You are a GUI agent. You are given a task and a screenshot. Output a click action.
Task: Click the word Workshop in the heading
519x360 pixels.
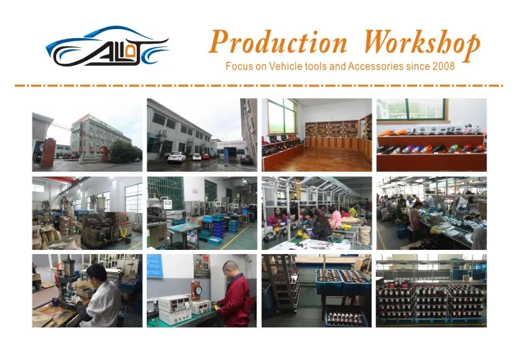point(422,43)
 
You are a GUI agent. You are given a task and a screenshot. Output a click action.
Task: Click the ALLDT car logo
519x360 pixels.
point(107,47)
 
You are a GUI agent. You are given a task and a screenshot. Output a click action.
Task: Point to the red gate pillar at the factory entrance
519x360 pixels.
point(47,152)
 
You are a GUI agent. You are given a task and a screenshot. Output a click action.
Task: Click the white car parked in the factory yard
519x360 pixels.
point(176,157)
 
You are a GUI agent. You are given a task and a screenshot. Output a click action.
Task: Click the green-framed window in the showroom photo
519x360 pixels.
point(281,116)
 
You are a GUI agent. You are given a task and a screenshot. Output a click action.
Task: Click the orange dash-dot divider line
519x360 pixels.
point(259,86)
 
